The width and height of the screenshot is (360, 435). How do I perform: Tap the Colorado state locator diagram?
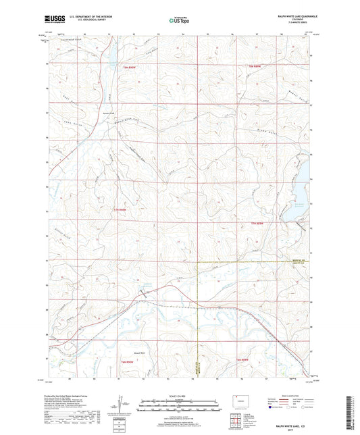pyautogui.click(x=238, y=399)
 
